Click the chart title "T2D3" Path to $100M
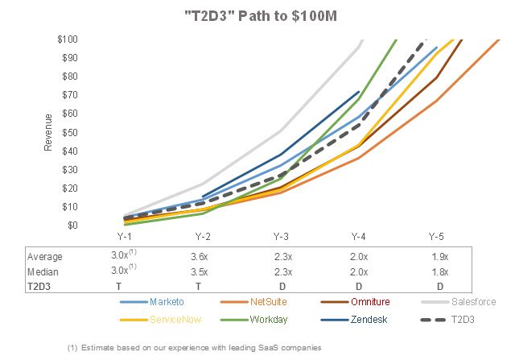pyautogui.click(x=261, y=16)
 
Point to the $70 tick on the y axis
pyautogui.click(x=70, y=95)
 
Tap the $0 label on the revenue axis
pyautogui.click(x=72, y=226)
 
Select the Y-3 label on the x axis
pyautogui.click(x=281, y=237)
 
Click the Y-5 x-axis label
pyautogui.click(x=436, y=237)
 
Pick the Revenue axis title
pyautogui.click(x=48, y=132)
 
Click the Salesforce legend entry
pyautogui.click(x=459, y=302)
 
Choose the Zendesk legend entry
pyautogui.click(x=354, y=320)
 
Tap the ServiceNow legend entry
pyautogui.click(x=161, y=320)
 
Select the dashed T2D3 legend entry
pyautogui.click(x=447, y=320)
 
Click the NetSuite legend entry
pyautogui.click(x=254, y=302)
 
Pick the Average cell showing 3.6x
pyautogui.click(x=199, y=256)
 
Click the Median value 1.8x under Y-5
pyautogui.click(x=440, y=272)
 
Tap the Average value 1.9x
pyautogui.click(x=440, y=256)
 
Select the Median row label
pyautogui.click(x=43, y=272)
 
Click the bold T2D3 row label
pyautogui.click(x=39, y=287)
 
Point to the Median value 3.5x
pyautogui.click(x=199, y=272)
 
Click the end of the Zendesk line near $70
pyautogui.click(x=359, y=92)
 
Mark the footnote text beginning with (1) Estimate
pyautogui.click(x=195, y=347)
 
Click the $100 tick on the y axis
pyautogui.click(x=68, y=39)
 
